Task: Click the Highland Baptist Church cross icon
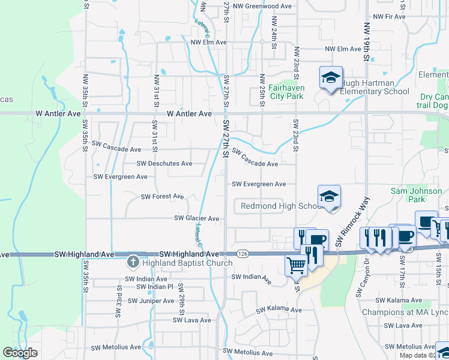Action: coord(133,262)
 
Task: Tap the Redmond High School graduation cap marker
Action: coord(329,197)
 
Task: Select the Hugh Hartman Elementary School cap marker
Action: coord(330,78)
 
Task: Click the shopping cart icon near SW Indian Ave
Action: coord(296,265)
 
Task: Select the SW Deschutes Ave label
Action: coord(164,163)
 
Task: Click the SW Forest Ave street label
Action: coord(162,197)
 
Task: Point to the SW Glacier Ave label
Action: coord(196,218)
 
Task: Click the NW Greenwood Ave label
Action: coord(262,6)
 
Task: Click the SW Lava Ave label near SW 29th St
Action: coord(192,320)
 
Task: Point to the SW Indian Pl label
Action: coord(151,287)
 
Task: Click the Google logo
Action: coord(20,353)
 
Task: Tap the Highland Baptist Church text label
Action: coord(187,263)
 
